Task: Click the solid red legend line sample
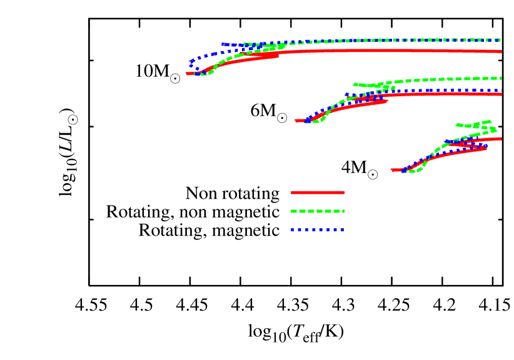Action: [x=318, y=192]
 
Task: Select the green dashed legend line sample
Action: [x=318, y=211]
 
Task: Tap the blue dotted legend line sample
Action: [x=318, y=230]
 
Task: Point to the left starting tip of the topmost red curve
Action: [x=187, y=74]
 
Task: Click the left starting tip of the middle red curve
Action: [x=296, y=121]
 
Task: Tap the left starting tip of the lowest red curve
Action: [x=392, y=169]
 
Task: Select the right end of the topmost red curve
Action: [x=501, y=51]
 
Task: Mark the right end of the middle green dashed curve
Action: [x=501, y=78]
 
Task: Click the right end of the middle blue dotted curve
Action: [x=501, y=90]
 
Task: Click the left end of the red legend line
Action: [x=292, y=192]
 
